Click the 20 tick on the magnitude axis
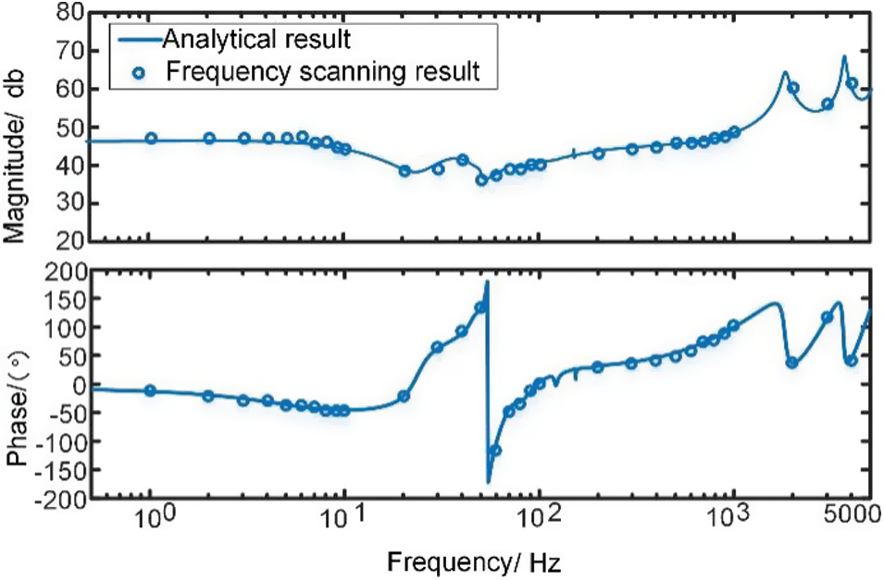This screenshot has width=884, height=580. click(66, 241)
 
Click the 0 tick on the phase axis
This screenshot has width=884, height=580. click(76, 386)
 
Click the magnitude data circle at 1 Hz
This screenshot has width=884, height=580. click(151, 139)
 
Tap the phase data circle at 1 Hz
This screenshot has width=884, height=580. click(151, 391)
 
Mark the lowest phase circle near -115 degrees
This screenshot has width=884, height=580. click(495, 450)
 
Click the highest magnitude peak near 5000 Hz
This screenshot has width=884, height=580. click(844, 57)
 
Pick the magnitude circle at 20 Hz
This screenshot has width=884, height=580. click(405, 171)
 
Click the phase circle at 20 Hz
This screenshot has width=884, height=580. click(404, 397)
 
